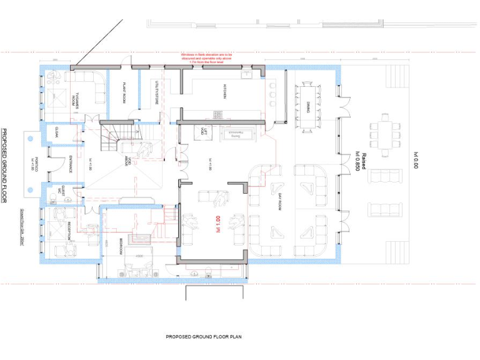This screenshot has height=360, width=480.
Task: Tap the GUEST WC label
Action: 60,189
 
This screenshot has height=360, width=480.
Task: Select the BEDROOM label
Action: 121,247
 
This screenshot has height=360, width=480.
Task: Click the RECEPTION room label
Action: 70,231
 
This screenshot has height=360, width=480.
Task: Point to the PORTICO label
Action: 36,164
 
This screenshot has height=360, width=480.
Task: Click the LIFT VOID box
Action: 202,133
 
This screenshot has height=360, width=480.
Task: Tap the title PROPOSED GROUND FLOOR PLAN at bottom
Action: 203,337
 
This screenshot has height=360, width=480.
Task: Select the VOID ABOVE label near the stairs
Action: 127,159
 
